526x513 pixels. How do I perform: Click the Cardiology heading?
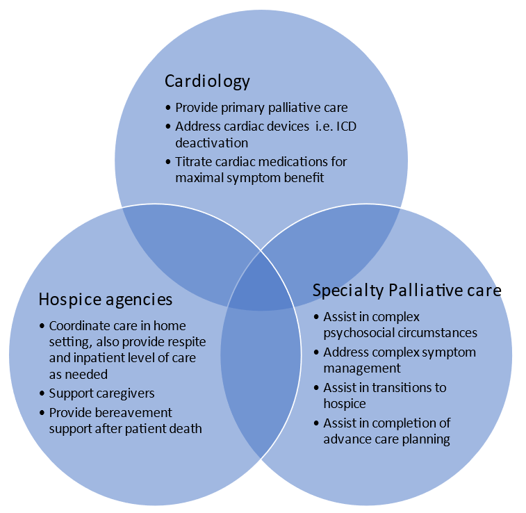click(207, 81)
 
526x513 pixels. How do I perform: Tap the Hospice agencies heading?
click(105, 300)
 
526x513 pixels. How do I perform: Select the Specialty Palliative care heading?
click(406, 290)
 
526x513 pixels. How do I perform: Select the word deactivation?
click(211, 143)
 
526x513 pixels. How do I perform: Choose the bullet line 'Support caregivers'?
click(101, 393)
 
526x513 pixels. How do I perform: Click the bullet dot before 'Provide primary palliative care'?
click(168, 108)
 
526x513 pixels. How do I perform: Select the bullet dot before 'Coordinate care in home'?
click(42, 325)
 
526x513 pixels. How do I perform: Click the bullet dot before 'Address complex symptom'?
click(316, 352)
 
